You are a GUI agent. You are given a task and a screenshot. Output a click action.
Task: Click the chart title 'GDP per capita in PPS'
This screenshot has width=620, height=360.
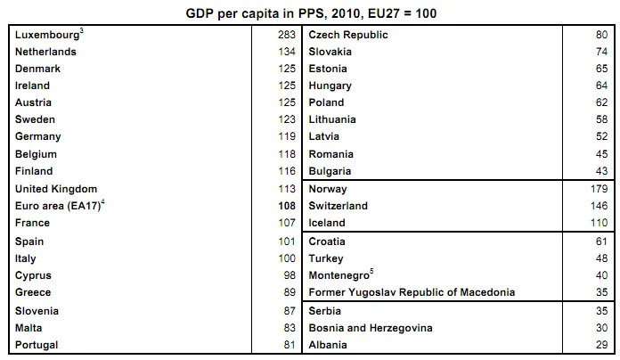[310, 13]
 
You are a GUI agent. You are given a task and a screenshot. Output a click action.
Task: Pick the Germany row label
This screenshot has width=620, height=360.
[38, 137]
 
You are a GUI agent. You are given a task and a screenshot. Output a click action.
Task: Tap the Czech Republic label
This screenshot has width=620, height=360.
[348, 35]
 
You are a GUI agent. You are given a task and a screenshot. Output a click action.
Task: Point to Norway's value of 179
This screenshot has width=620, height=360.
[599, 189]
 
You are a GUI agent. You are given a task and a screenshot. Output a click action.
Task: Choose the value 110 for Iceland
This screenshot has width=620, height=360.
[599, 224]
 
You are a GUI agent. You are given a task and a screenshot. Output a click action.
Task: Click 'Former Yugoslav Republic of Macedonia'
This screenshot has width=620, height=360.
[412, 292]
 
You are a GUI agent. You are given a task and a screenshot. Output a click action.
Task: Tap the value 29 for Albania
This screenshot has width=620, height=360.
[601, 345]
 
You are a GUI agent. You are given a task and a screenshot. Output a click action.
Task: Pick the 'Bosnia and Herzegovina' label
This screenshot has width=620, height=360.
[371, 328]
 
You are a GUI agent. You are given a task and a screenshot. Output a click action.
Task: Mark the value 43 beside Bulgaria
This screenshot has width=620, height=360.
[601, 171]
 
